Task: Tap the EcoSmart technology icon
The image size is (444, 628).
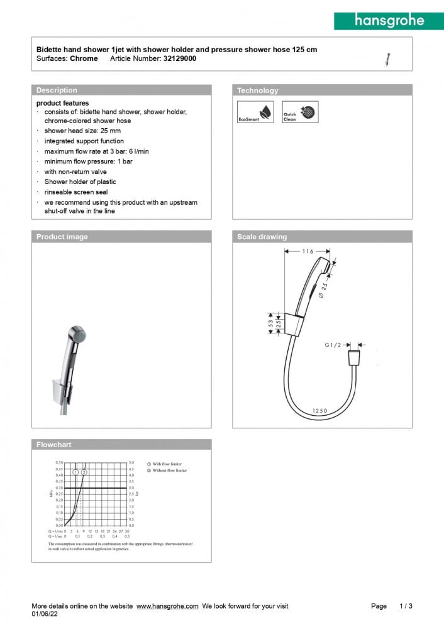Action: point(255,112)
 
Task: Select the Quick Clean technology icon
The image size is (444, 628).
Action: point(300,112)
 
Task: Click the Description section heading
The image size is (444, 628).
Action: point(57,90)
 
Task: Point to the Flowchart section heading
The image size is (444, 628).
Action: point(54,445)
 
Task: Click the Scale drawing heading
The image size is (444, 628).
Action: point(262,237)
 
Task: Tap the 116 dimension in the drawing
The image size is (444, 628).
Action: point(307,251)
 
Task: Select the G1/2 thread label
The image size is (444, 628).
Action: point(333,345)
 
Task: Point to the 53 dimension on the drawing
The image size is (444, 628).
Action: point(271,323)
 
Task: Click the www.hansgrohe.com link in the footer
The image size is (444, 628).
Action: point(167,606)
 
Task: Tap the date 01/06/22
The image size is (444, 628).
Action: point(44,615)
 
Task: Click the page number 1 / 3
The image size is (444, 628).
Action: point(406,606)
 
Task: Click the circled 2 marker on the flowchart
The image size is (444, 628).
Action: point(84,471)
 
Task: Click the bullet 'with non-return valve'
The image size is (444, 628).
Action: point(75,171)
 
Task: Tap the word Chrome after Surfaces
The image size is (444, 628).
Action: point(84,58)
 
